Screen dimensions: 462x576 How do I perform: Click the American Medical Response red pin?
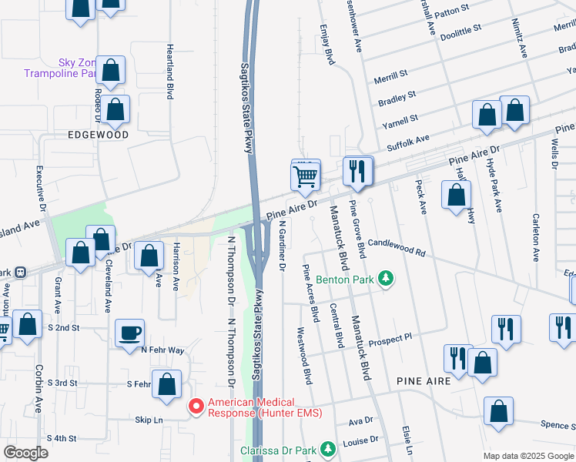(196, 403)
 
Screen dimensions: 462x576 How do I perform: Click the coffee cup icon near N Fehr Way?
(129, 333)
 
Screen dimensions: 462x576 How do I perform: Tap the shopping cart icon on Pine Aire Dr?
(306, 176)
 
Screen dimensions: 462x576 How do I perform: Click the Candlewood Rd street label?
(397, 246)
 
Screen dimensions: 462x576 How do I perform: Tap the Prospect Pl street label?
(390, 340)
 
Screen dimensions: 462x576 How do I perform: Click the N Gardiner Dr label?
(282, 246)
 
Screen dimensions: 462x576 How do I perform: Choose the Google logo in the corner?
(26, 452)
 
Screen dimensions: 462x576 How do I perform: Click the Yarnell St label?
(403, 119)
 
